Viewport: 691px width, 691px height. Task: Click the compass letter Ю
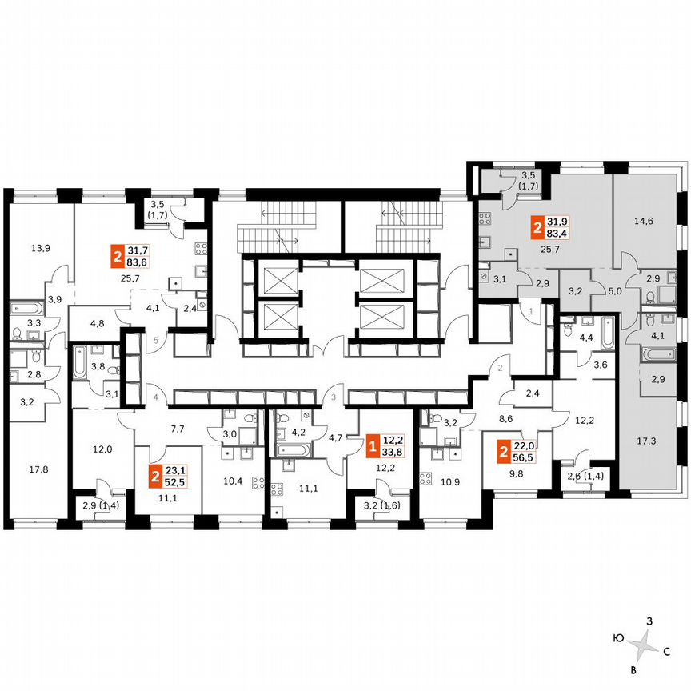[x=618, y=638]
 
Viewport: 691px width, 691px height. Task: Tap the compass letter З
[x=650, y=621]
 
